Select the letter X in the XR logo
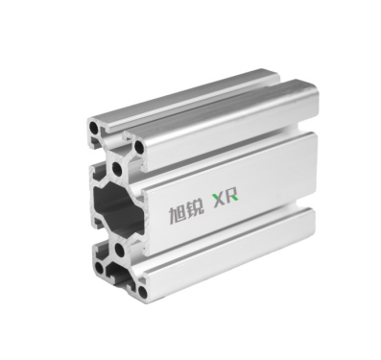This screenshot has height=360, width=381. (219, 201)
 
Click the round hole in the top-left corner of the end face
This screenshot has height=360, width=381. (95, 128)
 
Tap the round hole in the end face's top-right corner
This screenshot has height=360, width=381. (140, 147)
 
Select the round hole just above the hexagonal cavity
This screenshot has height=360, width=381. (117, 168)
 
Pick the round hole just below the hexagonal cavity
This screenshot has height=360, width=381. (119, 250)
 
